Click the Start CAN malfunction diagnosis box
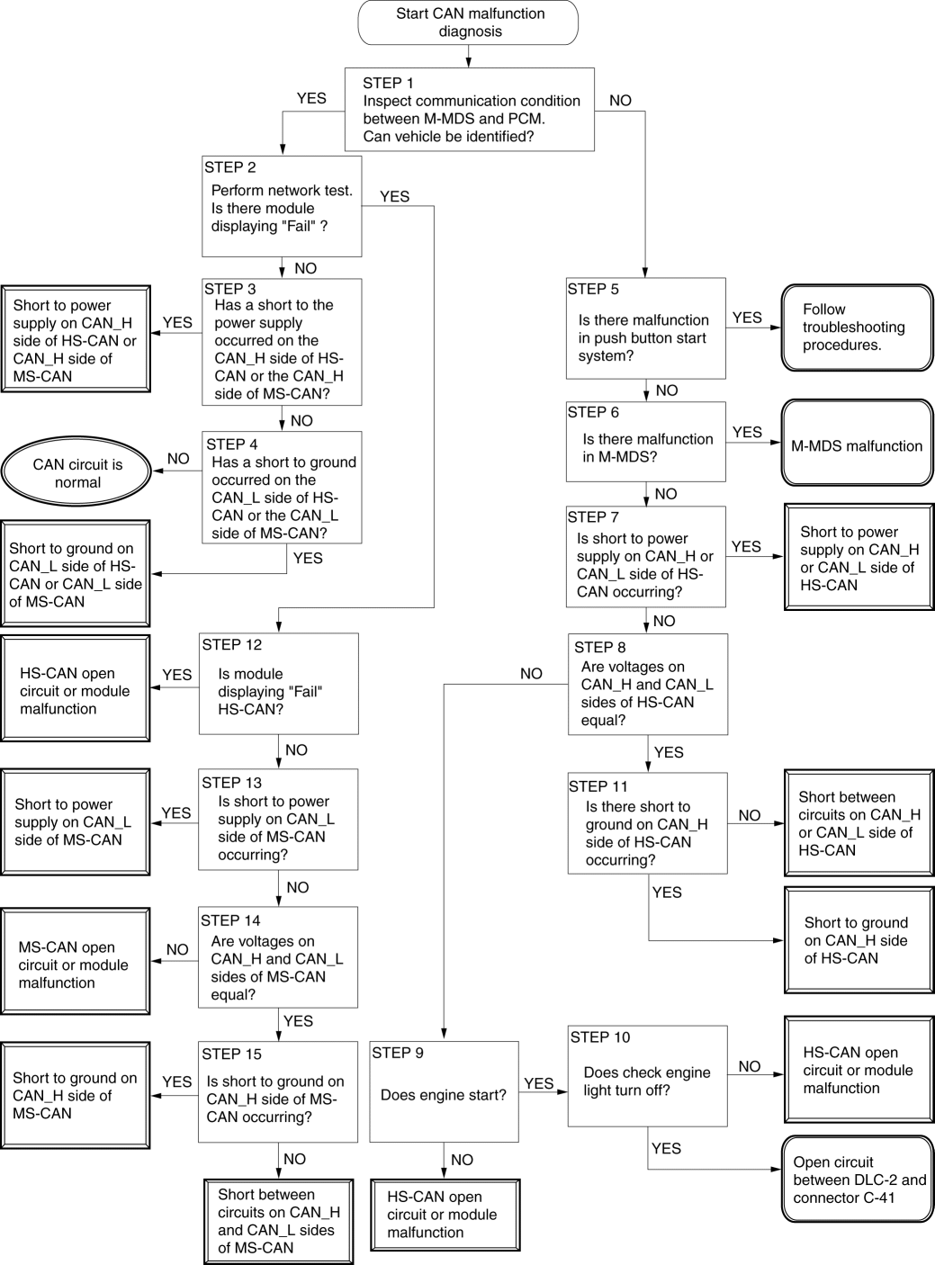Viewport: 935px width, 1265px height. [468, 22]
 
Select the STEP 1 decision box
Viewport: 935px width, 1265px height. [470, 110]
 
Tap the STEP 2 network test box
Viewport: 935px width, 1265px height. [282, 206]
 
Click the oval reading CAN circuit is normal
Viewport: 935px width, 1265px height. [76, 472]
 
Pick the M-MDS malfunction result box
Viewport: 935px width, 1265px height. [857, 443]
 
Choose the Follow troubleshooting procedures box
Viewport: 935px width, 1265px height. [857, 327]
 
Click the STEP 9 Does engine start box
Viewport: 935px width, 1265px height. [444, 1091]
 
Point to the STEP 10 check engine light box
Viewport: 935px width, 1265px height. [648, 1076]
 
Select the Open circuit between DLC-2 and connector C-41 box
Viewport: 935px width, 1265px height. [858, 1180]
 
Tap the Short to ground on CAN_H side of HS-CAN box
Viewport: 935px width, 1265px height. [859, 940]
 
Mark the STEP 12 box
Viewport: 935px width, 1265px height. [278, 683]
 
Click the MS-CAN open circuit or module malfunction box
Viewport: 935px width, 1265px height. [76, 961]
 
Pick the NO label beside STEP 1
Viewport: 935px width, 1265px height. [620, 101]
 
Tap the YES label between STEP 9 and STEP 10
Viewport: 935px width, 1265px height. [538, 1083]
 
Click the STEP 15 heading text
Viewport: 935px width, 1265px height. [231, 1054]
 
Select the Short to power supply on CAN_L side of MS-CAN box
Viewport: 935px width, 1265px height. [76, 821]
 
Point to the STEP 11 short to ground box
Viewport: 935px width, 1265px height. [648, 823]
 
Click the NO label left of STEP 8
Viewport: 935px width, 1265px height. [531, 674]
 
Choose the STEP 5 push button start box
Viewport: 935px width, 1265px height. [646, 328]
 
